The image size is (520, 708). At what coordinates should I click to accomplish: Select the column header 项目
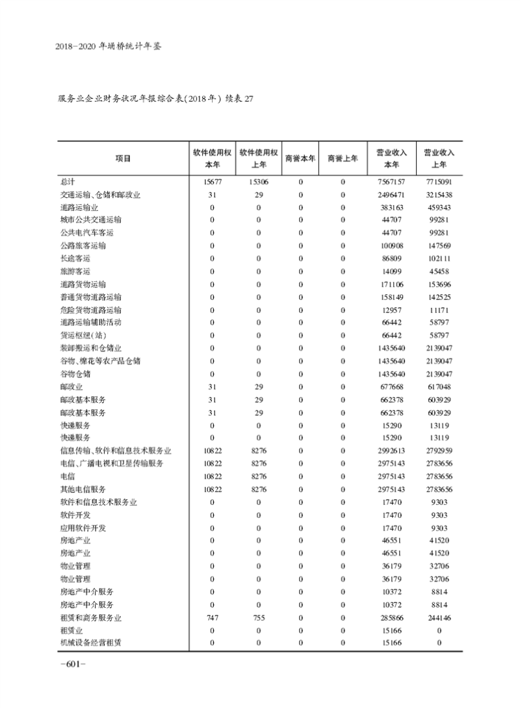click(122, 158)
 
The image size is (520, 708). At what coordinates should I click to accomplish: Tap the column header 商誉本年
click(300, 158)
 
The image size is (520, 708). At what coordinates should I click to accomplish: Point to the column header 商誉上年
click(343, 158)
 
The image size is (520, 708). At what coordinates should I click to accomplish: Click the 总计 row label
click(67, 182)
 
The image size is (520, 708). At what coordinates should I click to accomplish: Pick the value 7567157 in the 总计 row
click(393, 182)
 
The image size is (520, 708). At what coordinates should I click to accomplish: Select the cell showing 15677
click(212, 182)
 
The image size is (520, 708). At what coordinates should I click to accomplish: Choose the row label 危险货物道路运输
click(90, 310)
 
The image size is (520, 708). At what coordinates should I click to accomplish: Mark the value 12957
click(393, 310)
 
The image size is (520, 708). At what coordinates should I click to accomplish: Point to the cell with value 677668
click(393, 387)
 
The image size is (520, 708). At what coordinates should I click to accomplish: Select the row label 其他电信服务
click(83, 489)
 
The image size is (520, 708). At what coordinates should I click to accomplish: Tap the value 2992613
click(393, 450)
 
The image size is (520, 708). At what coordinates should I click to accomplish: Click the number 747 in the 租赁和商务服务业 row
click(212, 617)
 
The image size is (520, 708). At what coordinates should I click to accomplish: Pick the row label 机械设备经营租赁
click(90, 643)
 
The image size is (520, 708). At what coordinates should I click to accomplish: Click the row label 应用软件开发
click(83, 527)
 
